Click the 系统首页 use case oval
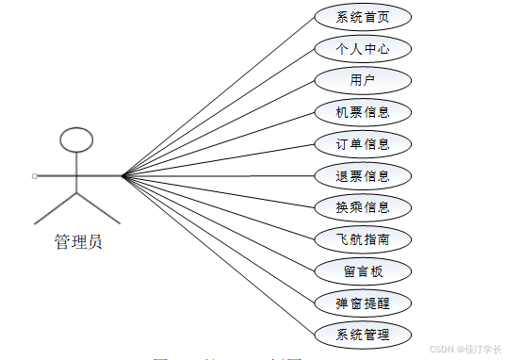pyautogui.click(x=362, y=17)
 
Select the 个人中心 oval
pyautogui.click(x=362, y=49)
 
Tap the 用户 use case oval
pyautogui.click(x=362, y=80)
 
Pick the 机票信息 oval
pyautogui.click(x=362, y=112)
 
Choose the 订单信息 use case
pyautogui.click(x=362, y=144)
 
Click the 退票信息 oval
pyautogui.click(x=362, y=175)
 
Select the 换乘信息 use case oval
pyautogui.click(x=362, y=207)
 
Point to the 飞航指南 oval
pyautogui.click(x=362, y=239)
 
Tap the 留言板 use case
pyautogui.click(x=362, y=271)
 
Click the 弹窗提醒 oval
pyautogui.click(x=362, y=303)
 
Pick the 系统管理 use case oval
pyautogui.click(x=362, y=335)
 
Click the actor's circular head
pyautogui.click(x=76, y=140)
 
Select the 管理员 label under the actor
pyautogui.click(x=77, y=242)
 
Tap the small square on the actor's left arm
pyautogui.click(x=34, y=176)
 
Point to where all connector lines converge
pyautogui.click(x=122, y=175)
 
